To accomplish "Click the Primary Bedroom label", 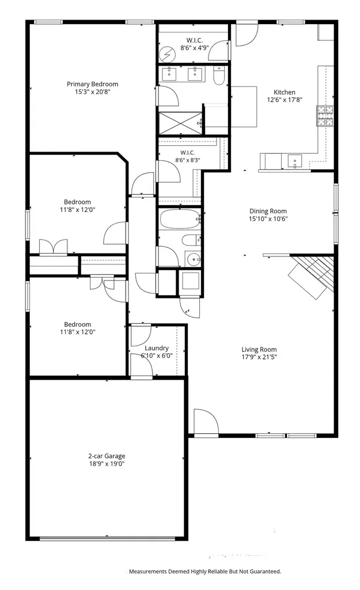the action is (x=93, y=84).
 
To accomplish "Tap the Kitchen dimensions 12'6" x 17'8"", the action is (x=285, y=100).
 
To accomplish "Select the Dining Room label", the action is (x=268, y=211).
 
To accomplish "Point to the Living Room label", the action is (x=259, y=349).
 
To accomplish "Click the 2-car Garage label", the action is (x=107, y=456).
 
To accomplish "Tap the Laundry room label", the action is (x=157, y=348).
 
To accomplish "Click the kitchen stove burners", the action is (x=325, y=116).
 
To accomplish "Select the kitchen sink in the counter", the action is (x=295, y=161).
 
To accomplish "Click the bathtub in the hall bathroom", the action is (x=180, y=218).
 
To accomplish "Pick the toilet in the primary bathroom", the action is (x=219, y=75).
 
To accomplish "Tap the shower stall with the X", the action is (x=180, y=123).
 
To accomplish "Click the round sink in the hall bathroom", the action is (x=194, y=259).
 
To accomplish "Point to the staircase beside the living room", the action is (x=312, y=274).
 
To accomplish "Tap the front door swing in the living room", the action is (x=206, y=421).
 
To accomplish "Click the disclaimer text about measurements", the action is (x=205, y=571).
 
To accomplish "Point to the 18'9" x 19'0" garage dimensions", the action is (x=107, y=464).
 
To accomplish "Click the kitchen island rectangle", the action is (x=244, y=107).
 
